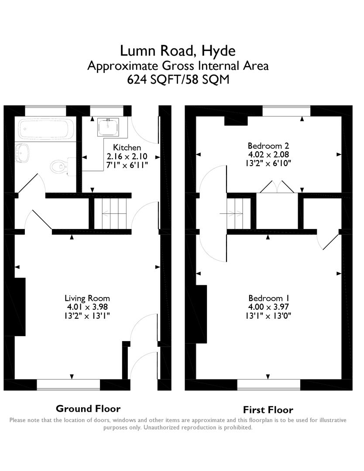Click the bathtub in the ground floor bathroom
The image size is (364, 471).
coord(46,129)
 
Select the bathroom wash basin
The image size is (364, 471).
coord(22,153)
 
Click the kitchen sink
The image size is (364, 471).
coord(108,126)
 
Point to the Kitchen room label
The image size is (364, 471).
coord(127,147)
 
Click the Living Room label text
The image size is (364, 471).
coord(87,298)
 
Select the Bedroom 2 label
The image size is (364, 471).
coord(268,146)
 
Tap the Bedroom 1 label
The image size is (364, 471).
coord(269,298)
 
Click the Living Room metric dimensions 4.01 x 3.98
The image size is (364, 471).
coord(87,307)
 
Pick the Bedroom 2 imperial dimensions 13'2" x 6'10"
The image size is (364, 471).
coord(268,163)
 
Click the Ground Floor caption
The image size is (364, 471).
coord(88,409)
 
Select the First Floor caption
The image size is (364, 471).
coord(268,410)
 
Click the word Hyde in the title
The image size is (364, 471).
coord(219,51)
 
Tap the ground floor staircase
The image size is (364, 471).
coord(113,213)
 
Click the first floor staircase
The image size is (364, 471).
coord(235,213)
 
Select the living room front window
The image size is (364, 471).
coord(68,385)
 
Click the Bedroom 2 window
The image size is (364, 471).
coord(286,110)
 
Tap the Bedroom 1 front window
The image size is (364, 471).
coord(269,385)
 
